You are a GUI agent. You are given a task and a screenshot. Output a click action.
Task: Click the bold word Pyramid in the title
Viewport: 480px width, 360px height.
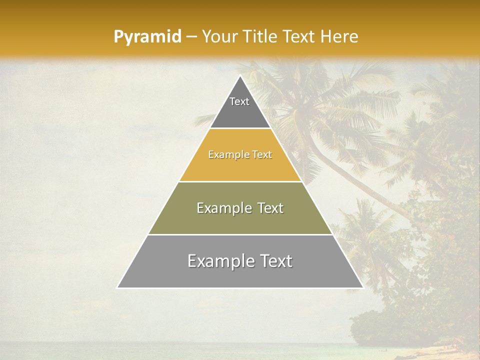tap(147, 37)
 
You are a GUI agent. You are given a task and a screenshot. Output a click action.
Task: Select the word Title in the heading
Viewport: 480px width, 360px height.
tap(261, 36)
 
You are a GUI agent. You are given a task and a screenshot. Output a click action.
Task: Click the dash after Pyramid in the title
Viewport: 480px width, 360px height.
tap(191, 37)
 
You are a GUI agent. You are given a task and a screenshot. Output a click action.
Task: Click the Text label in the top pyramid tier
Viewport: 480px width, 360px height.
tap(239, 101)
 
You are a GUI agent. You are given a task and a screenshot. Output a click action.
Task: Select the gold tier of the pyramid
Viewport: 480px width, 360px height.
tap(240, 165)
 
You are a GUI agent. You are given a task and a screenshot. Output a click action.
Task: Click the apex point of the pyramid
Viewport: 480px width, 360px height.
tap(240, 76)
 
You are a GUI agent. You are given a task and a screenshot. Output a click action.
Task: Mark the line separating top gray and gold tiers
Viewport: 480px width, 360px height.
tap(240, 128)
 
